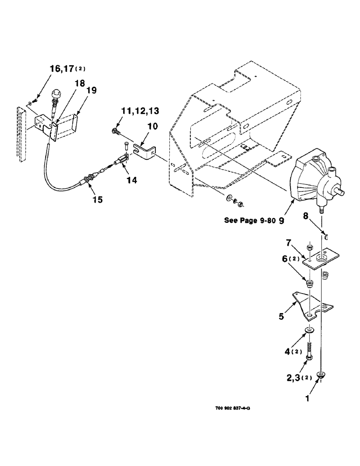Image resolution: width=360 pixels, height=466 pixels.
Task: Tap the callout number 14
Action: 132,179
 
